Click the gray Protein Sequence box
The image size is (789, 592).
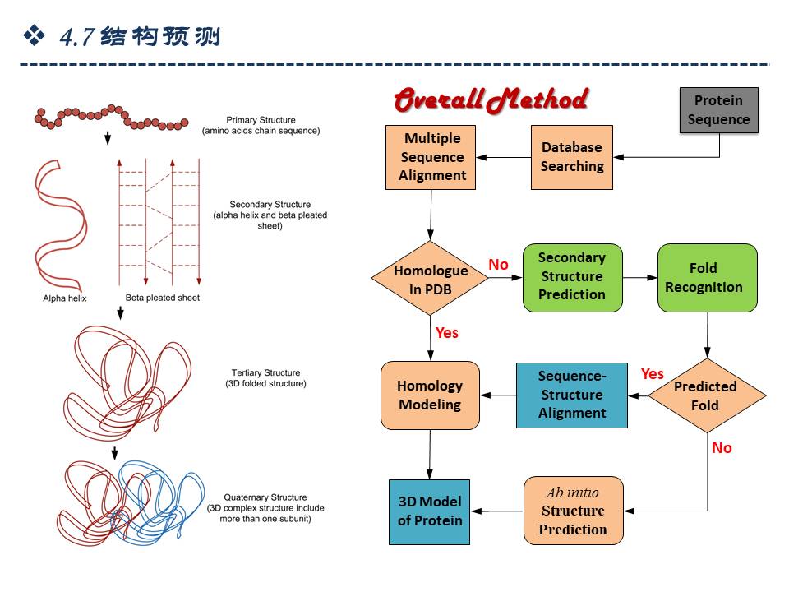pyautogui.click(x=718, y=110)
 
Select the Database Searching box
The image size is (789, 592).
pyautogui.click(x=571, y=157)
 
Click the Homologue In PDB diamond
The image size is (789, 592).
pyautogui.click(x=431, y=279)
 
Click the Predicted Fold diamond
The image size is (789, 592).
pyautogui.click(x=705, y=395)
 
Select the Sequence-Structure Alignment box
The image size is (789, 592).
pyautogui.click(x=571, y=395)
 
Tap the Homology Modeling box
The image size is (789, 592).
pyautogui.click(x=430, y=395)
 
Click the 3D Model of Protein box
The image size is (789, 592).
pyautogui.click(x=429, y=511)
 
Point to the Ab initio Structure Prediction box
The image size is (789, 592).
pyautogui.click(x=573, y=511)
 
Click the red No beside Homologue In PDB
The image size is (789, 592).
pyautogui.click(x=498, y=265)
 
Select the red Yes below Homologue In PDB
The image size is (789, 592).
pyautogui.click(x=447, y=333)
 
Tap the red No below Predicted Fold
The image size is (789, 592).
pyautogui.click(x=722, y=448)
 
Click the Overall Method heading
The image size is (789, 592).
pyautogui.click(x=490, y=101)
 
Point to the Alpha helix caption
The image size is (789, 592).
pyautogui.click(x=65, y=298)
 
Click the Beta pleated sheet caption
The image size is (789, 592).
pyautogui.click(x=162, y=298)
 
